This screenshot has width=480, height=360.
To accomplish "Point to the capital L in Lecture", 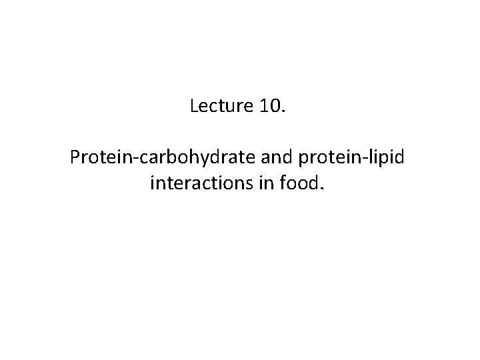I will pyautogui.click(x=194, y=106).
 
